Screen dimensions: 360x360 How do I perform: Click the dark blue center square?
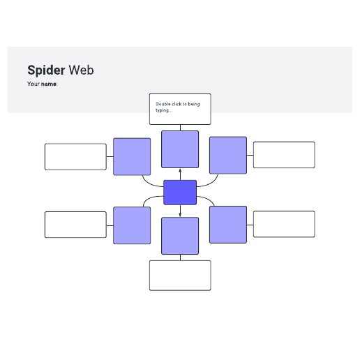pos(180,193)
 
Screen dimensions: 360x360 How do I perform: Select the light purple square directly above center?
pos(180,149)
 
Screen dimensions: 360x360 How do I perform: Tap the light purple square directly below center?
pos(180,236)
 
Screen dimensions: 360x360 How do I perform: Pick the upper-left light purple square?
pos(132,156)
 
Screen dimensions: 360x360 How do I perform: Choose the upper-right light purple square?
pos(228,155)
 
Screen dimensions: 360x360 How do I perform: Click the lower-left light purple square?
pos(132,225)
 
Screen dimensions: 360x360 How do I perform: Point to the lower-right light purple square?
pos(228,225)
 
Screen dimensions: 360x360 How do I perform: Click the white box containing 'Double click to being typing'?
pos(180,109)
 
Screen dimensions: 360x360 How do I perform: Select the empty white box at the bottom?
pos(180,276)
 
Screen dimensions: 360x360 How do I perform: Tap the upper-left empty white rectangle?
pos(75,157)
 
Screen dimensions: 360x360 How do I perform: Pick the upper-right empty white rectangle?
pos(284,155)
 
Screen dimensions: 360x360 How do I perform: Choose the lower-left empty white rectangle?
pos(75,225)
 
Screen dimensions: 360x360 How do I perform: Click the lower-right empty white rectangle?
pos(284,224)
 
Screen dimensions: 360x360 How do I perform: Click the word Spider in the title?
pos(46,70)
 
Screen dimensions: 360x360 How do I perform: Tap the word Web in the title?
pos(81,70)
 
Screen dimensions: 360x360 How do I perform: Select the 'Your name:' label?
pos(43,84)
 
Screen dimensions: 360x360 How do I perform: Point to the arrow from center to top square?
pos(180,174)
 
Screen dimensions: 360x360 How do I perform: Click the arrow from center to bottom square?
pos(180,211)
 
